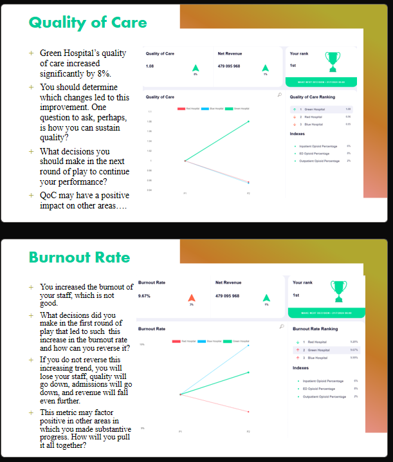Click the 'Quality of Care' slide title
tap(87, 23)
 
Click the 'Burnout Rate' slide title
tap(79, 258)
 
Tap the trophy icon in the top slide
tap(332, 61)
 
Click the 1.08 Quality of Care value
tap(150, 66)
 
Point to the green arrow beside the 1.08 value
tap(196, 68)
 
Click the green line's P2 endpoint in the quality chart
tap(249, 121)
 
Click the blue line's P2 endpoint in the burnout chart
tap(248, 345)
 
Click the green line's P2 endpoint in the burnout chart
tap(248, 372)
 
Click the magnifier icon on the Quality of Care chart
tap(279, 94)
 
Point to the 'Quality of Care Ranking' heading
tap(313, 97)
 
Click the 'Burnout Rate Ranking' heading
tap(315, 329)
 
